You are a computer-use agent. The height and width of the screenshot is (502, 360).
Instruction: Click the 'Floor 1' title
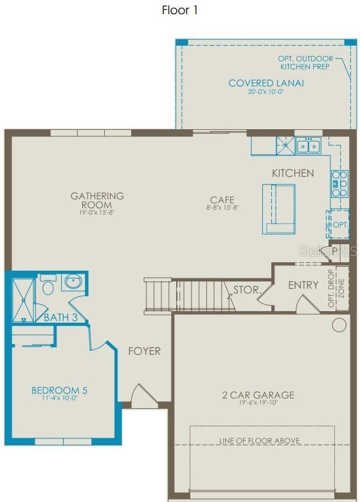[179, 11]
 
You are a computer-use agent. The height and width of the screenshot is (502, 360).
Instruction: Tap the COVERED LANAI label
[266, 84]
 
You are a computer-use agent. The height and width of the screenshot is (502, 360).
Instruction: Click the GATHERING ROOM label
[97, 200]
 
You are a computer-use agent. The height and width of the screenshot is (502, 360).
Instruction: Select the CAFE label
[222, 200]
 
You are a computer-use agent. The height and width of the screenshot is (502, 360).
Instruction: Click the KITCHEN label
[292, 173]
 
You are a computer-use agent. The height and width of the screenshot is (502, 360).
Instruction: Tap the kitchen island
[278, 208]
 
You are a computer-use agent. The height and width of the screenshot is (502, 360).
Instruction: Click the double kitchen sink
[308, 147]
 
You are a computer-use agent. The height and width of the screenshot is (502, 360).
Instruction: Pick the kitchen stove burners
[339, 183]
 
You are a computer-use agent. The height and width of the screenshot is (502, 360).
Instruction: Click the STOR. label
[245, 289]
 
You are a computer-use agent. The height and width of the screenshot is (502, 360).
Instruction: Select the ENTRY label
[303, 285]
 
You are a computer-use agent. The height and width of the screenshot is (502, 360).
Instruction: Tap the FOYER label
[144, 351]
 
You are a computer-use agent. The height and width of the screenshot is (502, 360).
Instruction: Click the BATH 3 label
[60, 317]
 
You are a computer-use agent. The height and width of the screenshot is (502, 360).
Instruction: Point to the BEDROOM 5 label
[59, 390]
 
